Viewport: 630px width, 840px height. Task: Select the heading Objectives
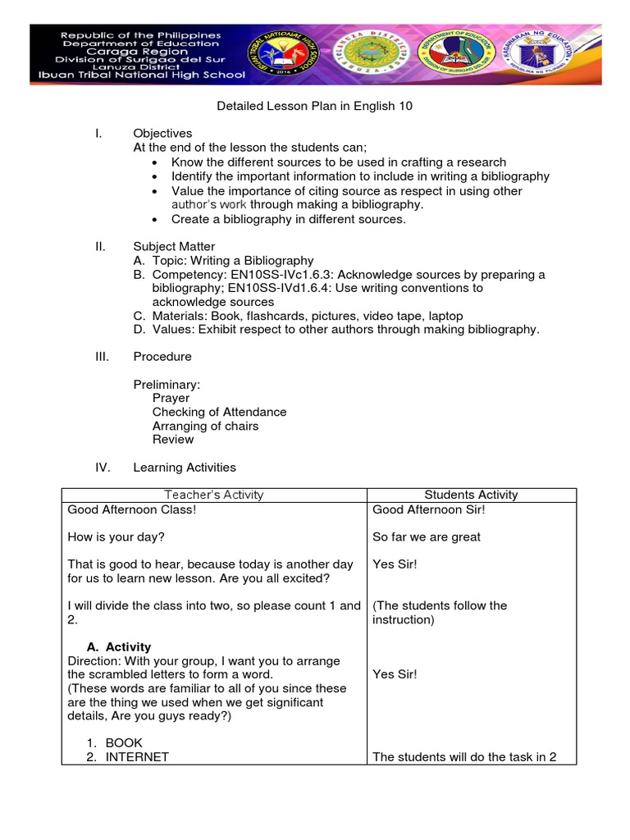coord(162,134)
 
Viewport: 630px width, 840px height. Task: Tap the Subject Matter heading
coord(174,246)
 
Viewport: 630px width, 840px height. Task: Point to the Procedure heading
coord(162,357)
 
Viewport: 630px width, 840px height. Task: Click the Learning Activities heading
coord(185,468)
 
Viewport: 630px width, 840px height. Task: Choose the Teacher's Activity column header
coord(214,495)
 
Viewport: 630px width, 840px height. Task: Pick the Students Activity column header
coord(471,495)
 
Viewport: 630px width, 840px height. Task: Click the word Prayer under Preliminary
coord(171,398)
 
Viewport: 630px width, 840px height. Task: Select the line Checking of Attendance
coord(219,412)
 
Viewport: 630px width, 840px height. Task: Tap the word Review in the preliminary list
coord(172,440)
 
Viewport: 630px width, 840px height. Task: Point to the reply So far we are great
coord(427,536)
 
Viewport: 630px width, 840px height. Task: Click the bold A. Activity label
coord(119,647)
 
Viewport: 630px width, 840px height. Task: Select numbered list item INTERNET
coord(136,757)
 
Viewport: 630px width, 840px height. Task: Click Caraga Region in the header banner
coord(152,50)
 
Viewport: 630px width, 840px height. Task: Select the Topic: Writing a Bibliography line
coord(232,260)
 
